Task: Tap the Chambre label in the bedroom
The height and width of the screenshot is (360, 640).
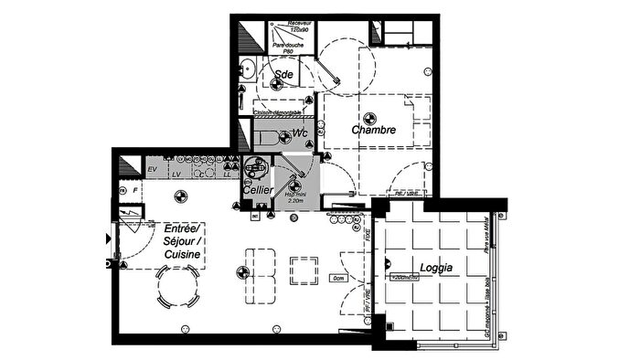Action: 374,131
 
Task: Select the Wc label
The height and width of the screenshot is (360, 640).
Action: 299,134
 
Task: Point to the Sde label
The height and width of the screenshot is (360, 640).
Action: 283,74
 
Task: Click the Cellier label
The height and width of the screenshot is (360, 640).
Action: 257,189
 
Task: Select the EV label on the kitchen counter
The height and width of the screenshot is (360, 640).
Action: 153,170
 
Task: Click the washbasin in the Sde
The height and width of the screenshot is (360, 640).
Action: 246,68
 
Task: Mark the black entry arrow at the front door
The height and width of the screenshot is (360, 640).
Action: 110,238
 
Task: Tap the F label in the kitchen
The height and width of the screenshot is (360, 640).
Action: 133,191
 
